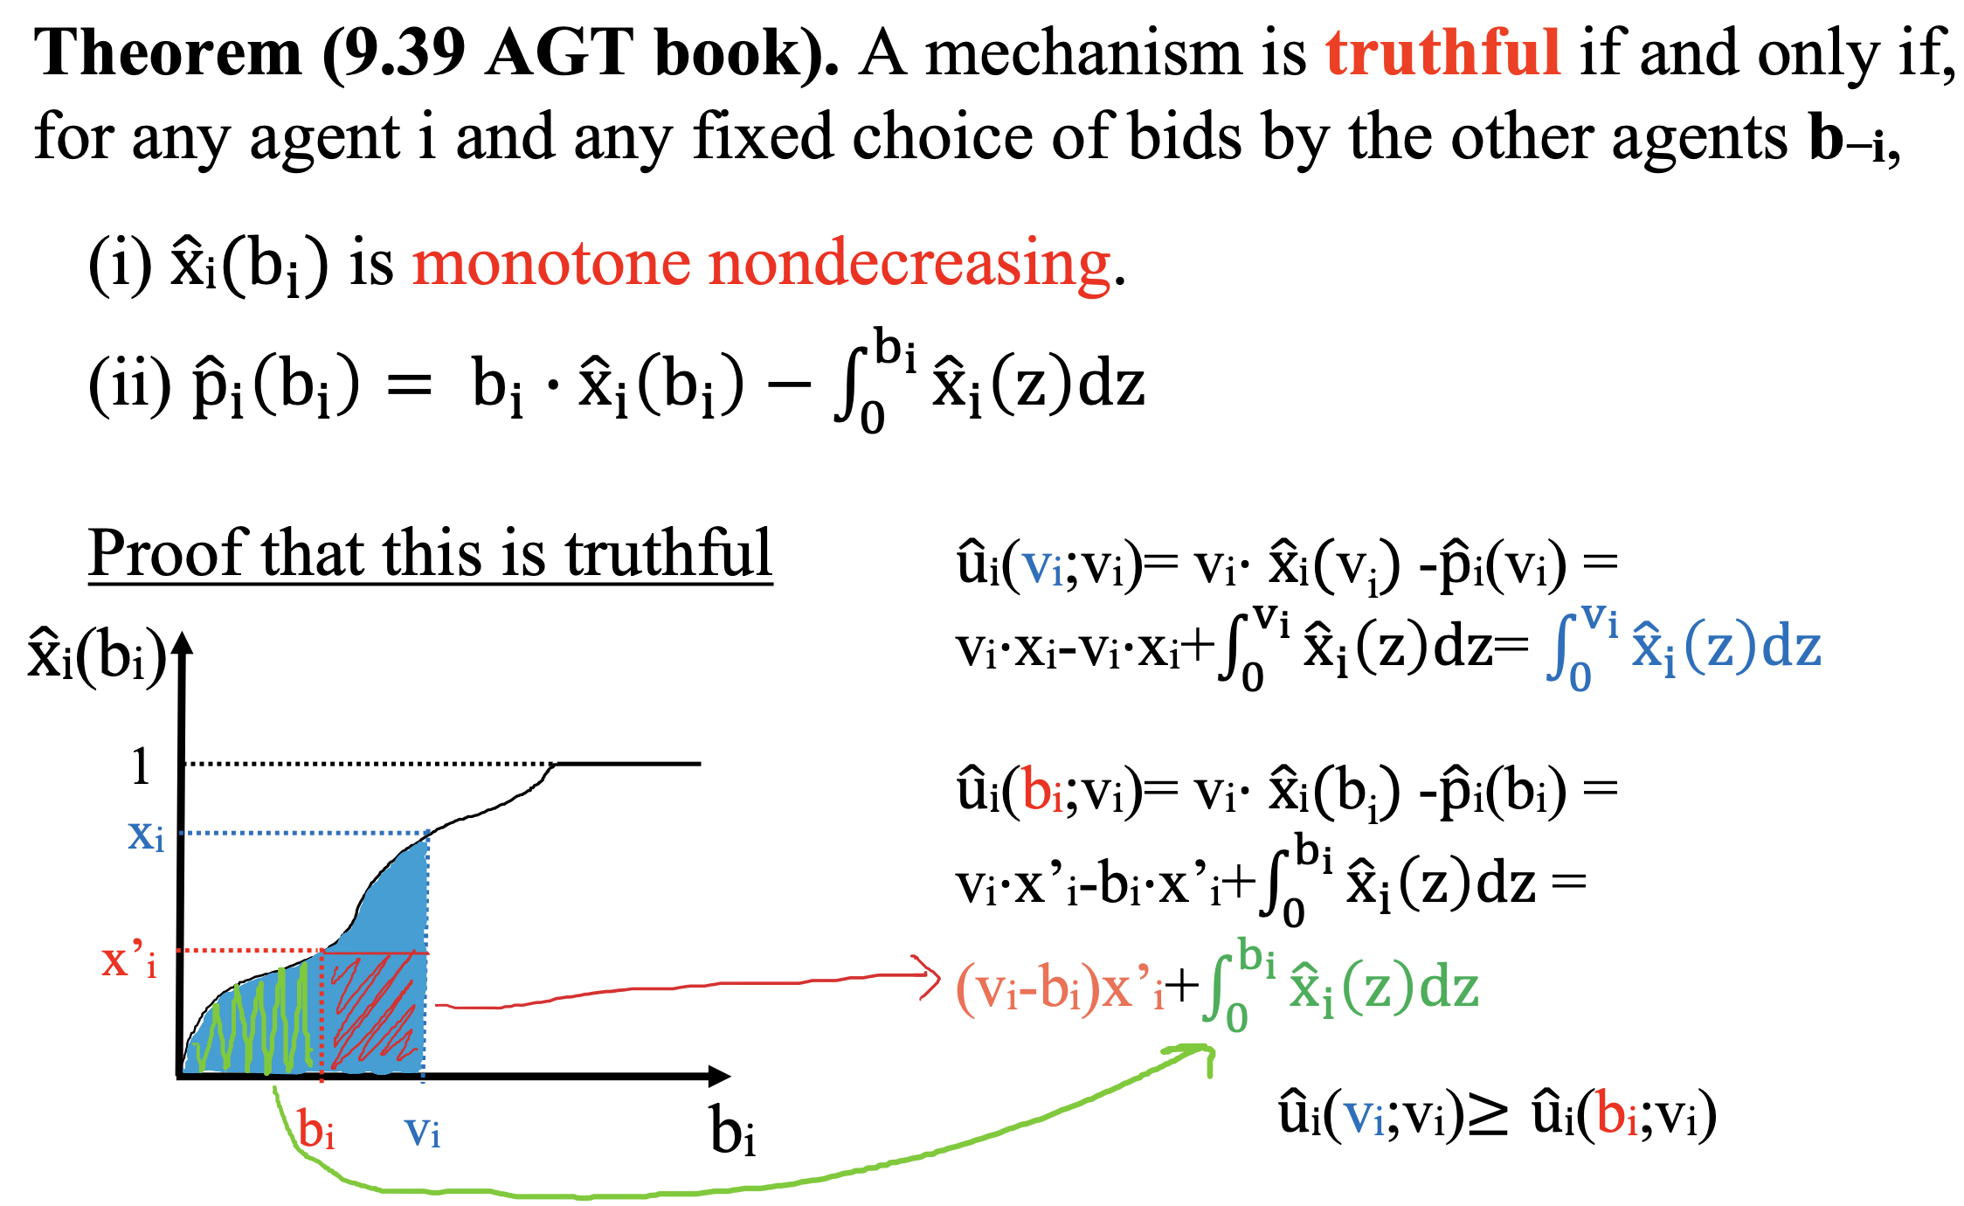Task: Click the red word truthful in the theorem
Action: [x=1442, y=52]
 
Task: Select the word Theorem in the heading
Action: [x=168, y=52]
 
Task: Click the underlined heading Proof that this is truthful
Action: [x=431, y=552]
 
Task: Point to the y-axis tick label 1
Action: [x=141, y=766]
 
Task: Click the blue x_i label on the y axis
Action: [x=146, y=835]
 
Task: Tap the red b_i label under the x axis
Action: [x=316, y=1129]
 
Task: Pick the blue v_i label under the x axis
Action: [x=422, y=1133]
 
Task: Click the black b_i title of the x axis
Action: [x=732, y=1131]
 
